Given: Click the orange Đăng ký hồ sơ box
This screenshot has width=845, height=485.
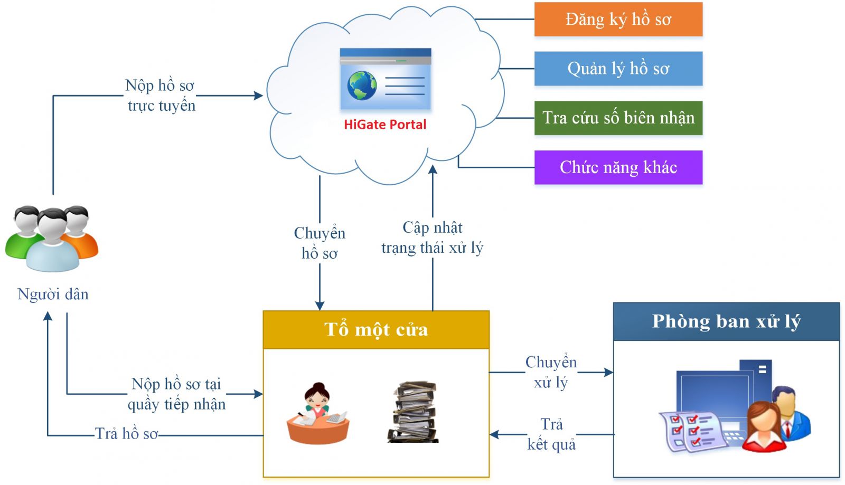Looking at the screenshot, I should (x=618, y=20).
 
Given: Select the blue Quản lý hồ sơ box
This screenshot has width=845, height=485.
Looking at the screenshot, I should (x=618, y=69).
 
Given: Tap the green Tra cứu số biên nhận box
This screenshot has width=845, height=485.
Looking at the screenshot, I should (x=618, y=118).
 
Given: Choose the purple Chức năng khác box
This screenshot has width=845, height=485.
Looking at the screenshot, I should (x=618, y=167).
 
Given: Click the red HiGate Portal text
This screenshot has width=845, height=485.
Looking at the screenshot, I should (x=384, y=125).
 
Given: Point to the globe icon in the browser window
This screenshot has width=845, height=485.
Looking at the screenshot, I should (x=362, y=85).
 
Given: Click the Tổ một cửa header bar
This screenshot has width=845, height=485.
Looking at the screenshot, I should (x=376, y=330).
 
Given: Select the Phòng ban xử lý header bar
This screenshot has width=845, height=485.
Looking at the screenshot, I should (x=726, y=321).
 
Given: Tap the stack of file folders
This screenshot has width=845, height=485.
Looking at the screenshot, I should (x=415, y=412).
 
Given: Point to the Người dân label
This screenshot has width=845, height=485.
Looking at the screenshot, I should (x=53, y=294).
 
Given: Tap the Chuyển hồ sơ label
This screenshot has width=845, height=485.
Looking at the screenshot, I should (x=320, y=243).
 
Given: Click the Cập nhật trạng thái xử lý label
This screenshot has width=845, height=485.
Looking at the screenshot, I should (x=432, y=237).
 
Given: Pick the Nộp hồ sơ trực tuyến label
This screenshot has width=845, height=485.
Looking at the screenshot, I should (x=161, y=96).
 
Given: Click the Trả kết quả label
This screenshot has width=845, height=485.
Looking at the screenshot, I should (x=551, y=434).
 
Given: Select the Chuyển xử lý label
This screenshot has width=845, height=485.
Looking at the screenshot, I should (x=551, y=372).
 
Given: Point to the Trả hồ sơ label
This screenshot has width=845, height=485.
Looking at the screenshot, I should (x=126, y=434).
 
